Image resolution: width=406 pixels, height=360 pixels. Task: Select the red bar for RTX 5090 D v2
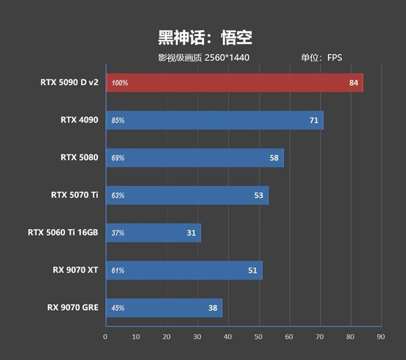(x=234, y=82)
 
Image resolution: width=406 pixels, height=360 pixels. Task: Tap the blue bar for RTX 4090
(x=214, y=120)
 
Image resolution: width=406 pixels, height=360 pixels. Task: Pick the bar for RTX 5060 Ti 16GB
(x=153, y=233)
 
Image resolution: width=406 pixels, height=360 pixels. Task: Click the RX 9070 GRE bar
(x=164, y=308)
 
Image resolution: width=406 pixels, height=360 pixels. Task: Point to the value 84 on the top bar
(x=354, y=82)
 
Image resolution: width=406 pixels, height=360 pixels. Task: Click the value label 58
(x=274, y=158)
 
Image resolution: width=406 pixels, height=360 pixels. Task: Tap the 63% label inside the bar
(x=118, y=196)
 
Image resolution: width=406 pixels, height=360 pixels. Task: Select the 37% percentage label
(x=118, y=233)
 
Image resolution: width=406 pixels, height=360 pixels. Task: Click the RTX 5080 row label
(x=79, y=158)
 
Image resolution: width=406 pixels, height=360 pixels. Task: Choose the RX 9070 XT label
(x=76, y=270)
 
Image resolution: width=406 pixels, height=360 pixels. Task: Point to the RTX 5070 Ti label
(x=74, y=195)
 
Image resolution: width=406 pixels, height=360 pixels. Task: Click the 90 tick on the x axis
(x=381, y=337)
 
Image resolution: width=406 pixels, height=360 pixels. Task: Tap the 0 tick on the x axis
(x=106, y=337)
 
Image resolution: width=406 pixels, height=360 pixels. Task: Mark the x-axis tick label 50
(x=258, y=337)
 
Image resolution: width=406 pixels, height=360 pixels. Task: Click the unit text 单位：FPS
(x=321, y=58)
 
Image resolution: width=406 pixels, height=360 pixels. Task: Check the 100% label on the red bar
(x=120, y=82)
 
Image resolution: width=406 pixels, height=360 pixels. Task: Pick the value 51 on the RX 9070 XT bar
(x=253, y=270)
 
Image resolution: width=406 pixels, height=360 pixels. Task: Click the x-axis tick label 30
(x=197, y=337)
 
